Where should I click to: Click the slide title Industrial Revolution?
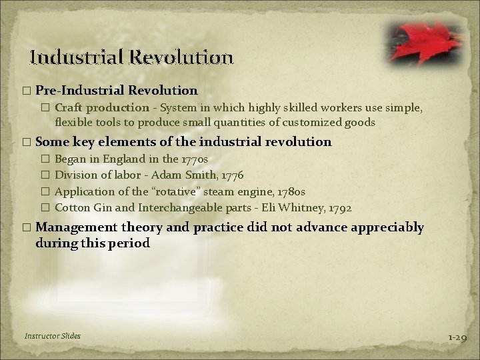[132, 57]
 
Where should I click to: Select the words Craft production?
[102, 107]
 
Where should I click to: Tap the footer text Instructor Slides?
[52, 336]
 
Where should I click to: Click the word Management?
[75, 227]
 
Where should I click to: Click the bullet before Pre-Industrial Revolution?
[26, 89]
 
